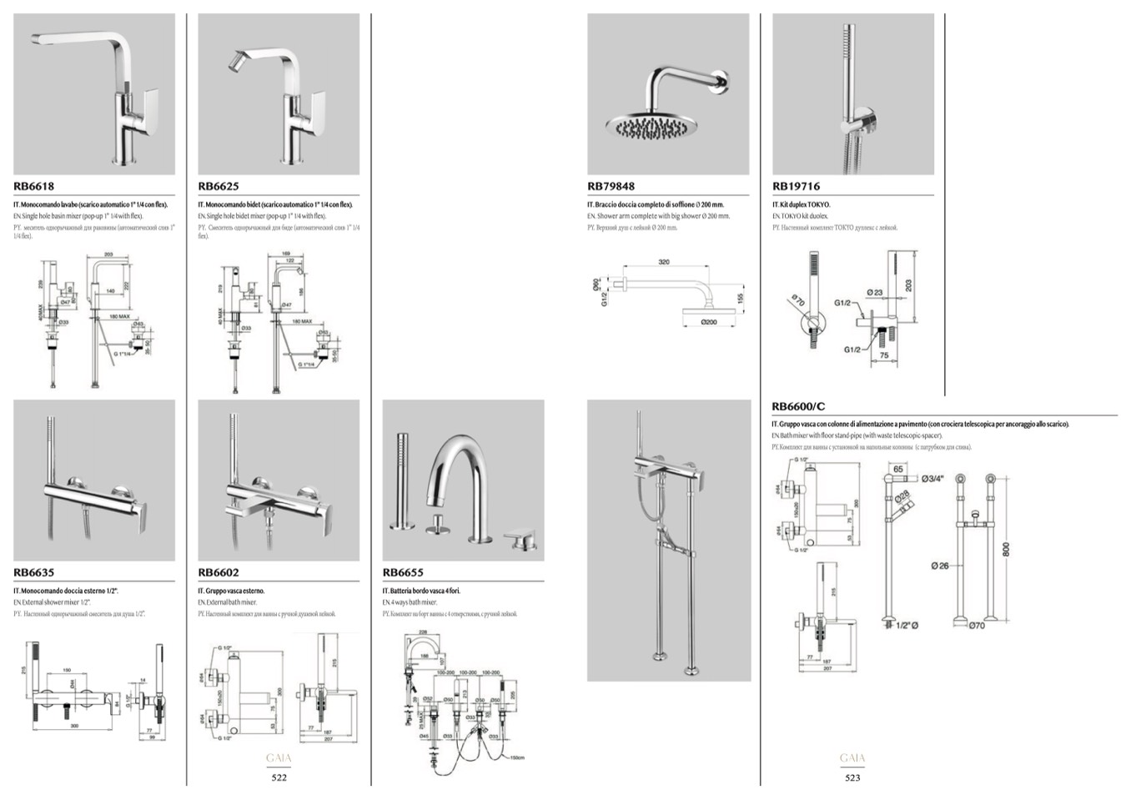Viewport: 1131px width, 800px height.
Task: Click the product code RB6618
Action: point(33,186)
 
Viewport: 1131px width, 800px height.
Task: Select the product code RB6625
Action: point(219,186)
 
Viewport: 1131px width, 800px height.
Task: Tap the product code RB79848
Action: point(611,186)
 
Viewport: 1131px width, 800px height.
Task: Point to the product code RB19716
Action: point(796,186)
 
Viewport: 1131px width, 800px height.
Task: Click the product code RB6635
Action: point(33,572)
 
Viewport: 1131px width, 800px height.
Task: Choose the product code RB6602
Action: point(219,572)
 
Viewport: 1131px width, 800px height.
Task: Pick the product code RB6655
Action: point(403,572)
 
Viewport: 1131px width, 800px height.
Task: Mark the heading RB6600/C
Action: point(798,406)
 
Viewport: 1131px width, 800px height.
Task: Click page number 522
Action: point(279,777)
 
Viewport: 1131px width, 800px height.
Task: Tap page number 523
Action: point(852,777)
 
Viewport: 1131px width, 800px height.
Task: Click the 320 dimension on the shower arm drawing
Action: point(664,262)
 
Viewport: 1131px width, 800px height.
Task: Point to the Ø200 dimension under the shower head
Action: point(709,322)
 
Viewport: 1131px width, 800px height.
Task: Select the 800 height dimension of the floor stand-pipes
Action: point(1007,549)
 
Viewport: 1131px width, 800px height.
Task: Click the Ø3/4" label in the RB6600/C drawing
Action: point(932,478)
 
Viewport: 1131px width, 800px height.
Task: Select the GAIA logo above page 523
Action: point(852,758)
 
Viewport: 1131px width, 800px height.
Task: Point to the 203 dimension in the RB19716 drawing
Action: point(908,284)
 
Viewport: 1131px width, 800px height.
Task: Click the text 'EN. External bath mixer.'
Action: point(228,602)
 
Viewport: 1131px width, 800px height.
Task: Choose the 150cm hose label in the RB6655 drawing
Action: point(517,757)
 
